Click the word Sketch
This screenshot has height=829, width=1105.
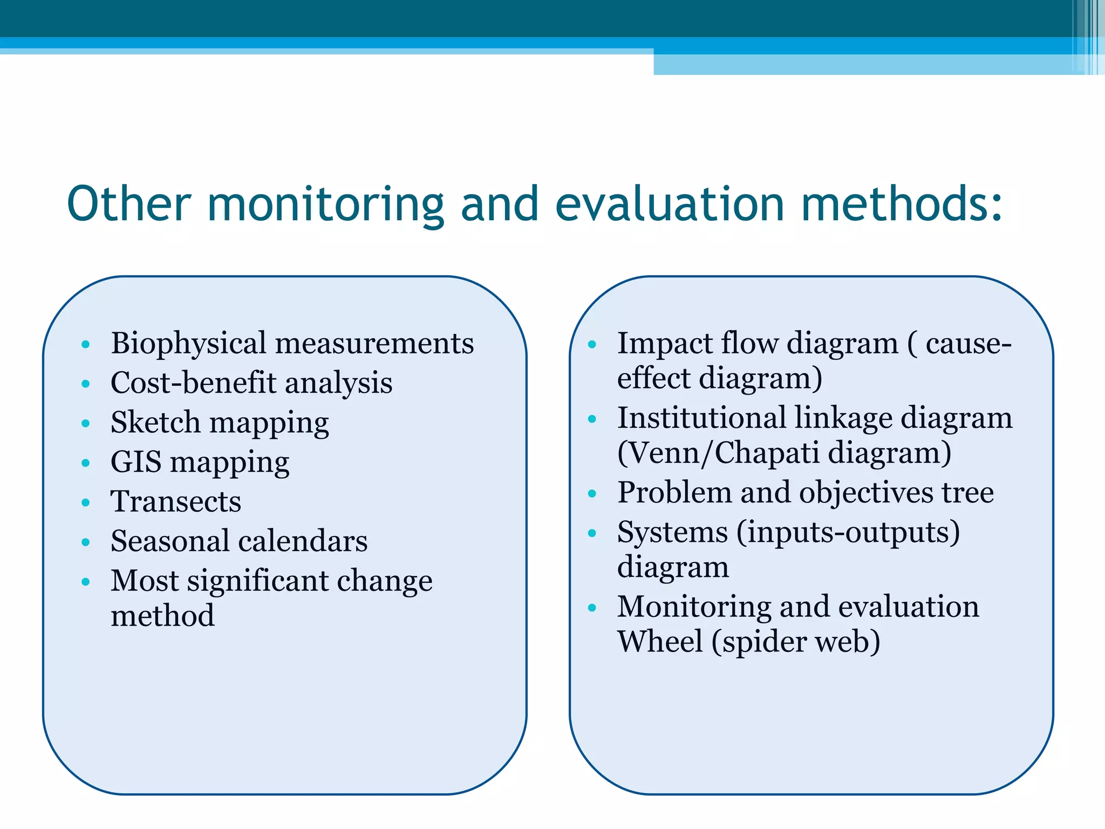point(155,422)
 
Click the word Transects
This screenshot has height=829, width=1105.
point(176,501)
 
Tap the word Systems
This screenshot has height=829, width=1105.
point(672,533)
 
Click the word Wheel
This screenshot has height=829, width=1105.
point(660,642)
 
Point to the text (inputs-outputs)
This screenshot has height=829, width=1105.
point(848,533)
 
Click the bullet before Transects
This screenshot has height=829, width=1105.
point(85,502)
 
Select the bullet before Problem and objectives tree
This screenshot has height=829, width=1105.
point(592,493)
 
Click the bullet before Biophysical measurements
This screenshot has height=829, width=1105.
point(85,344)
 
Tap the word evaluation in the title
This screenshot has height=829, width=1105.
point(670,203)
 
